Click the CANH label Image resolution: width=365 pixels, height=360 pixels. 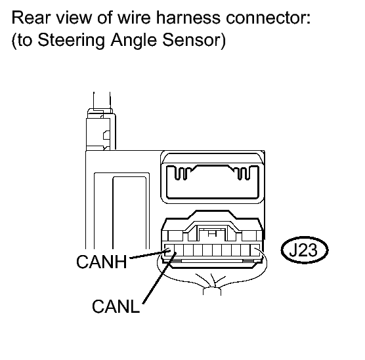click(x=102, y=262)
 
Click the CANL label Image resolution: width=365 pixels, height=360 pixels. click(x=116, y=306)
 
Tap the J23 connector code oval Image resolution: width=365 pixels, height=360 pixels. click(x=305, y=250)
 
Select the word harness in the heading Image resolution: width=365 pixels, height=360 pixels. click(x=188, y=17)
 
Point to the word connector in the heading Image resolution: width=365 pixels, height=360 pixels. click(x=268, y=18)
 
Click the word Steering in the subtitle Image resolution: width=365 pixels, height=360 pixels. click(x=71, y=41)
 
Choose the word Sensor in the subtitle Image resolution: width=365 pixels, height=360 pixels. click(x=192, y=40)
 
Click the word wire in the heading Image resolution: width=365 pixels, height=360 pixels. click(x=134, y=17)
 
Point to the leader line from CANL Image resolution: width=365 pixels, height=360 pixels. click(x=160, y=278)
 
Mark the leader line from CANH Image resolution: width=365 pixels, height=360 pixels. click(x=149, y=254)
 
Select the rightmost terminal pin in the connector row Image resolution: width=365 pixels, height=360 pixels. click(x=255, y=250)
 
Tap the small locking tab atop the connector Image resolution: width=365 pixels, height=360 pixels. click(x=211, y=233)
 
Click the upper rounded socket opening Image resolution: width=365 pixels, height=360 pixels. click(x=213, y=182)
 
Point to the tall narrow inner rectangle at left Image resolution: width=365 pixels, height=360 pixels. click(x=129, y=212)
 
